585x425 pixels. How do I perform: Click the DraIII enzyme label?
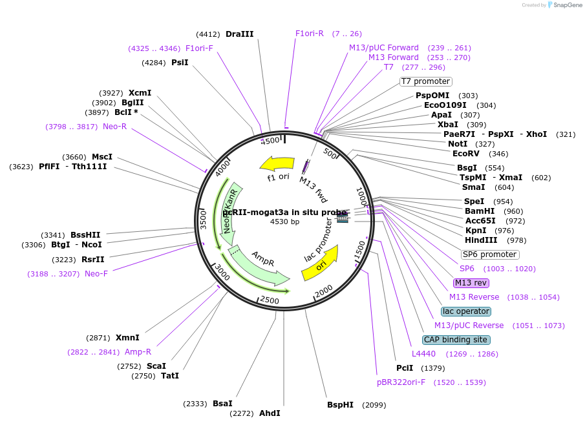pyautogui.click(x=240, y=34)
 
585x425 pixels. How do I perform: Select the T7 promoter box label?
pyautogui.click(x=425, y=81)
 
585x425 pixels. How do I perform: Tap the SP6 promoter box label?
pyautogui.click(x=489, y=254)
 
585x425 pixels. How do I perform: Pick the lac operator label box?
pyautogui.click(x=465, y=311)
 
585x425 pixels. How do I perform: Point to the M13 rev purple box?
pyautogui.click(x=471, y=283)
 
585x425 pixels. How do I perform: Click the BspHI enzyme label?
pyautogui.click(x=340, y=405)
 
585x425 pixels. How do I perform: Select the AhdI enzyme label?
pyautogui.click(x=270, y=413)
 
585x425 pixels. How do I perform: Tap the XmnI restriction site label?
pyautogui.click(x=127, y=338)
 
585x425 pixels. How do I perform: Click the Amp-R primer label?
pyautogui.click(x=138, y=352)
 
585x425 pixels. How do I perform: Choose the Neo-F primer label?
pyautogui.click(x=96, y=274)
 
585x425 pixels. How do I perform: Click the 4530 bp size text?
pyautogui.click(x=284, y=222)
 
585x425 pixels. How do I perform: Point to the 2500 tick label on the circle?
pyautogui.click(x=269, y=300)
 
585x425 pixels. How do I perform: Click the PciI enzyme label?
pyautogui.click(x=405, y=368)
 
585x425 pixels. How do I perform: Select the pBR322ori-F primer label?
pyautogui.click(x=401, y=382)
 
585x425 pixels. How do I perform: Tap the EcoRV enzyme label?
pyautogui.click(x=466, y=153)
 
